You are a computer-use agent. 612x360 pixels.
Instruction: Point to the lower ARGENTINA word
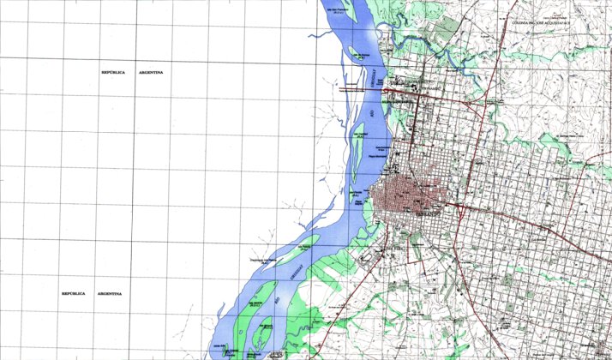click(109, 294)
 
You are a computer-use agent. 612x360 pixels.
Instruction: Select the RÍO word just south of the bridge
click(371, 111)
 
